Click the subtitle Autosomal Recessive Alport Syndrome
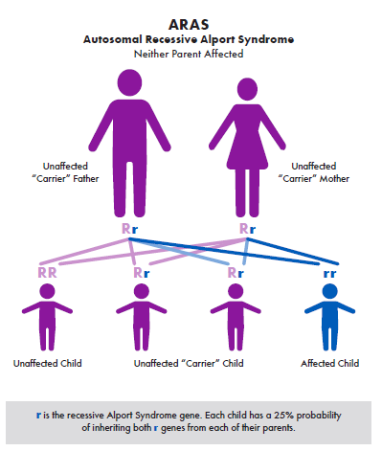(x=191, y=39)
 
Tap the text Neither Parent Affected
(x=191, y=54)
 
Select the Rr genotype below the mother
(x=247, y=230)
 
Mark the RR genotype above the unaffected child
(x=46, y=273)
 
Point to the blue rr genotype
(x=329, y=273)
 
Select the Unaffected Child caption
(x=47, y=365)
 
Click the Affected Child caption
(x=330, y=365)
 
